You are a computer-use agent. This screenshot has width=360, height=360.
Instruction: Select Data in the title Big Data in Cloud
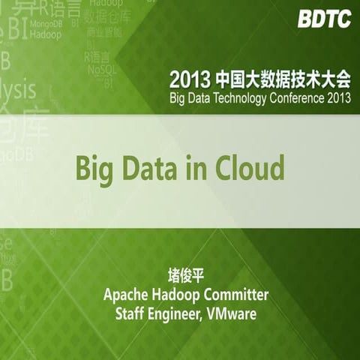[x=148, y=168]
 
